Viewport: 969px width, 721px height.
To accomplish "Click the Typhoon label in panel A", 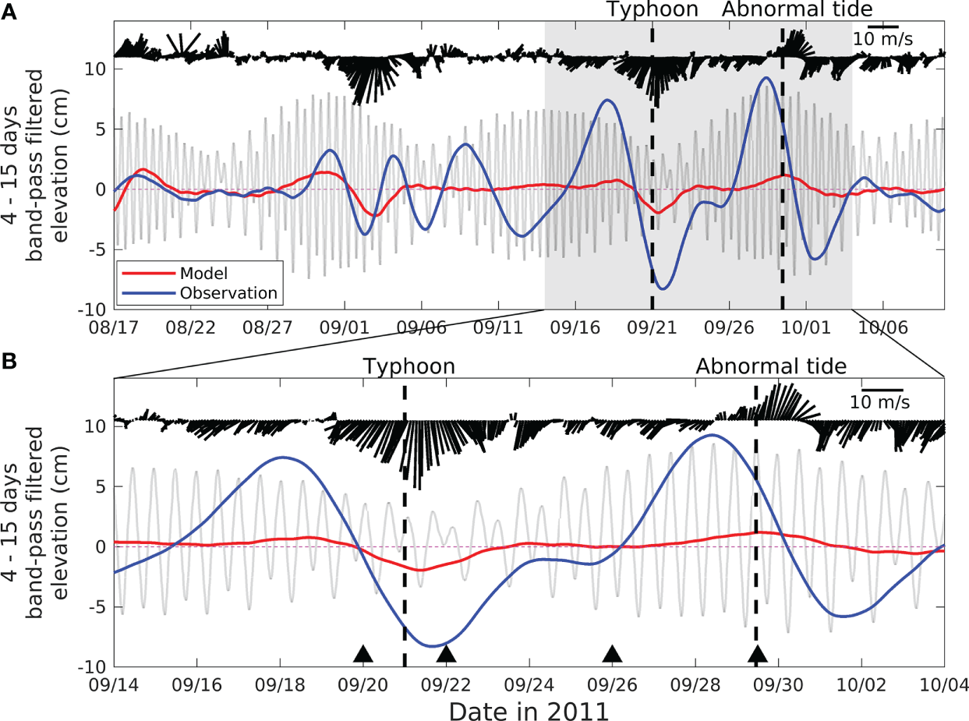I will pyautogui.click(x=652, y=10).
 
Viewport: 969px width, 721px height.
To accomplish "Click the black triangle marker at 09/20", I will pyautogui.click(x=362, y=654).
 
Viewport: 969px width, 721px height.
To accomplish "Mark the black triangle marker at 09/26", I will pyautogui.click(x=613, y=654).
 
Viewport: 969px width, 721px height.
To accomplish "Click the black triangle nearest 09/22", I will pyautogui.click(x=445, y=654).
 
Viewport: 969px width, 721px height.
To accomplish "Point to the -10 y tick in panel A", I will pyautogui.click(x=95, y=309).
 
